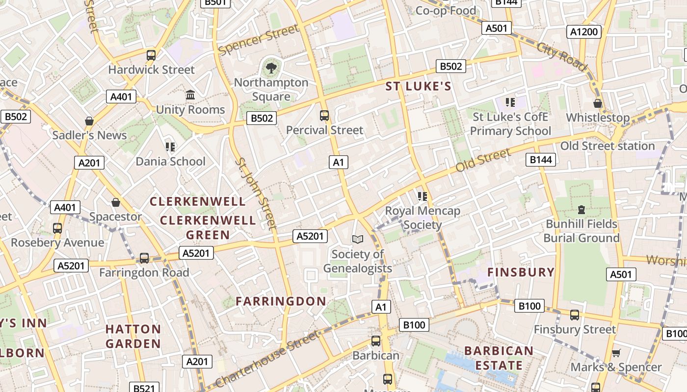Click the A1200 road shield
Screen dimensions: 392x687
point(584,32)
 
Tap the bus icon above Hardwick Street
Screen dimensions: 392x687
point(151,55)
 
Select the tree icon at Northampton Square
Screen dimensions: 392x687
point(271,68)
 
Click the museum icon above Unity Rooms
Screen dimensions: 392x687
point(190,95)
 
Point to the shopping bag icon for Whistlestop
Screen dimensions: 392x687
point(598,103)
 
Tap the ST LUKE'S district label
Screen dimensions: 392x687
point(418,87)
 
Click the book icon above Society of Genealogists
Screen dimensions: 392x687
point(358,239)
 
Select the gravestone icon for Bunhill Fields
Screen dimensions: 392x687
point(581,210)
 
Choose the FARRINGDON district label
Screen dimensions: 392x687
point(281,301)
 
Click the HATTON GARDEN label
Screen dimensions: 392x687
point(133,336)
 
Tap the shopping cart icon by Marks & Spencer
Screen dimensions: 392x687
point(616,353)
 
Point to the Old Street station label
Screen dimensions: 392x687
point(608,146)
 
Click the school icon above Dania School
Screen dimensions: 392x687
point(170,147)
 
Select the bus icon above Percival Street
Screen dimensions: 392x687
point(324,116)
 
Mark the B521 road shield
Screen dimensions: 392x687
point(144,388)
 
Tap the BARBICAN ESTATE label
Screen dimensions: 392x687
point(499,358)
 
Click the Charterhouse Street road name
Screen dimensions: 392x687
point(267,359)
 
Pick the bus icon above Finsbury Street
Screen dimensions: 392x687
point(575,315)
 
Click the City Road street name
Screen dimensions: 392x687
point(562,56)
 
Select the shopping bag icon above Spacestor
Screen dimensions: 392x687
point(116,202)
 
